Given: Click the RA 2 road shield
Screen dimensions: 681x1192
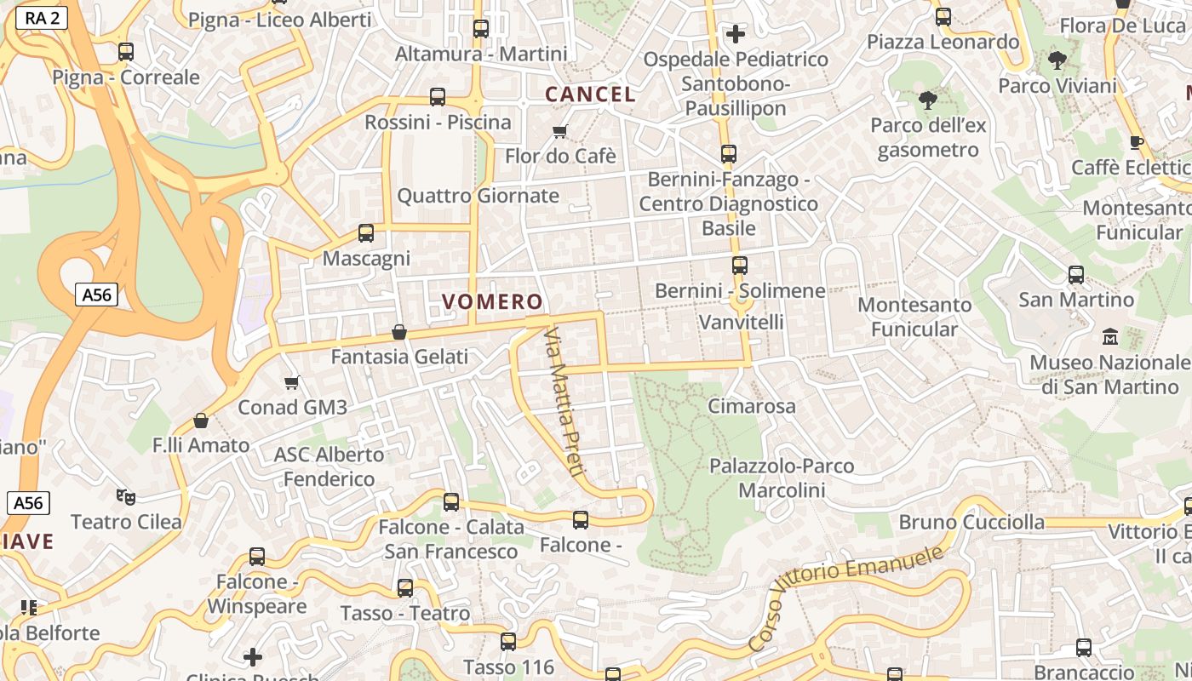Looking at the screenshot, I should click(x=42, y=17).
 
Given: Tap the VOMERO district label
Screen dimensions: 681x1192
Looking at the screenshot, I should click(x=492, y=301).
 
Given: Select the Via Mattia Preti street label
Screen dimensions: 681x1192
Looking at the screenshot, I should click(x=562, y=400).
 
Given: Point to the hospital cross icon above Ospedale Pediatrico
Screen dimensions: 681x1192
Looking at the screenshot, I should click(x=736, y=34).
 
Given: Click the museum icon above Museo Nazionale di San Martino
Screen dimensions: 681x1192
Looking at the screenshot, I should click(x=1110, y=337).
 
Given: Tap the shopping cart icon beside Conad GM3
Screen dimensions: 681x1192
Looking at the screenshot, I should click(x=292, y=383).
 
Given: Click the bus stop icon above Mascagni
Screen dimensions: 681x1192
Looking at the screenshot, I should click(x=366, y=232).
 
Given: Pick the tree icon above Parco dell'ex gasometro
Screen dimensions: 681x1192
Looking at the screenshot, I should click(x=928, y=100).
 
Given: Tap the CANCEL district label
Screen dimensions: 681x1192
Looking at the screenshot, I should click(x=590, y=94).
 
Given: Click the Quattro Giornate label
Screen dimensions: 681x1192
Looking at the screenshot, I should click(x=479, y=196).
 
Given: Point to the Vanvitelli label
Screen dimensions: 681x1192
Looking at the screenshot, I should click(x=741, y=323).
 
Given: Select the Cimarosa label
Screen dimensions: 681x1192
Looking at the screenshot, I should click(x=752, y=406).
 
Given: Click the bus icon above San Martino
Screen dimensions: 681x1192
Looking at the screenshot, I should click(x=1076, y=275).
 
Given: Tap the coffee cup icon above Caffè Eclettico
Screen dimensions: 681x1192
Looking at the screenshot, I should click(x=1136, y=142).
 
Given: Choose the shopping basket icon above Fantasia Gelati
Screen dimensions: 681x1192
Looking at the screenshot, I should click(x=398, y=332).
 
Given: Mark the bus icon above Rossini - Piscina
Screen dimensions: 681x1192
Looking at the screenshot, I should click(x=438, y=97).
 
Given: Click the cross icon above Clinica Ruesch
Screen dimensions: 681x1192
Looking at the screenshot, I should click(x=253, y=657).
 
